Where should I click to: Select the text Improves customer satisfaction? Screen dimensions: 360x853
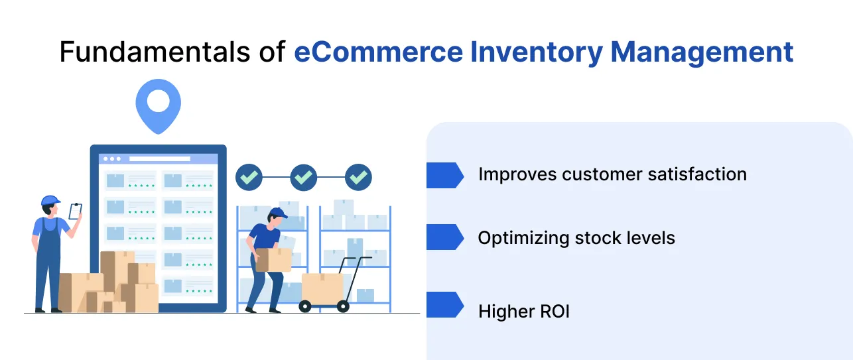point(612,174)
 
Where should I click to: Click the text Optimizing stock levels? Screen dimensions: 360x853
point(576,238)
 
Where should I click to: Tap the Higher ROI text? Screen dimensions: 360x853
point(524,312)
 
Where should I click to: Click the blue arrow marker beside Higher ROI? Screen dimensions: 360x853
point(444,305)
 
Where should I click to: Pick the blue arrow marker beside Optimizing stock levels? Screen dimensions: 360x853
point(444,237)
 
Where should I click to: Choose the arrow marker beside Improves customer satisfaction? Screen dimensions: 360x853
point(444,175)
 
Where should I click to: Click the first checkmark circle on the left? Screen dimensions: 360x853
point(249,177)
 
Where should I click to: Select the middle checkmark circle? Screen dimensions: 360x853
point(304,177)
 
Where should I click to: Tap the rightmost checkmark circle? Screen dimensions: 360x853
point(359,177)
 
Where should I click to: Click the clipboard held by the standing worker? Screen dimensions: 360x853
point(76,211)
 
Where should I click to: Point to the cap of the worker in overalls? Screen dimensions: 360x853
point(50,200)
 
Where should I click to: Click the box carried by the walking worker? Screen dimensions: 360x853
point(273,260)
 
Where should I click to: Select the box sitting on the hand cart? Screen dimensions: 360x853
point(322,286)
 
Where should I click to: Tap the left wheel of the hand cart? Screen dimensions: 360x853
point(305,306)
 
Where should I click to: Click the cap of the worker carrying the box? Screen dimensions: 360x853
point(278,213)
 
